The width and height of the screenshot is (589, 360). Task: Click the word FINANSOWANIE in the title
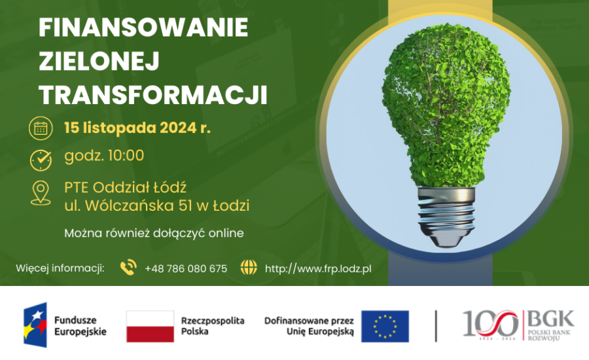143,27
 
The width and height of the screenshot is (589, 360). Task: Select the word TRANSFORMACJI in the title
153,95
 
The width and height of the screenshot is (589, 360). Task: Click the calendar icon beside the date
41,128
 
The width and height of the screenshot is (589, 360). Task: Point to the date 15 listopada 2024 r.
137,128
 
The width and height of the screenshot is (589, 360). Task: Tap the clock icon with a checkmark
41,160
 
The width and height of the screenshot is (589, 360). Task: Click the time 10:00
126,156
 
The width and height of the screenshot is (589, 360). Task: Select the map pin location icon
41,193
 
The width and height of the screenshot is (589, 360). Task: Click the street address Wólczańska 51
139,206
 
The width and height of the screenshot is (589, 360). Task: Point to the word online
226,233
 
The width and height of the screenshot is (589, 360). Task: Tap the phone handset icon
128,267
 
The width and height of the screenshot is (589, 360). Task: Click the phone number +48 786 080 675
186,268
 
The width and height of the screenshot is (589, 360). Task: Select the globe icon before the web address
249,267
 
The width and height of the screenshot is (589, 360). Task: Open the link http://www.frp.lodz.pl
318,268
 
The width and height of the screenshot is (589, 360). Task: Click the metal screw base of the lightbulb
446,216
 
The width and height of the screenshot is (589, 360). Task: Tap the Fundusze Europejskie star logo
35,325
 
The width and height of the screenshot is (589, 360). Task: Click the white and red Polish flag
151,326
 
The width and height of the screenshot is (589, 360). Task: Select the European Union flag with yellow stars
385,326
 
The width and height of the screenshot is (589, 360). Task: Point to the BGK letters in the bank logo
550,319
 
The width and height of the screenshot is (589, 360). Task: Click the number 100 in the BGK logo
490,323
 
